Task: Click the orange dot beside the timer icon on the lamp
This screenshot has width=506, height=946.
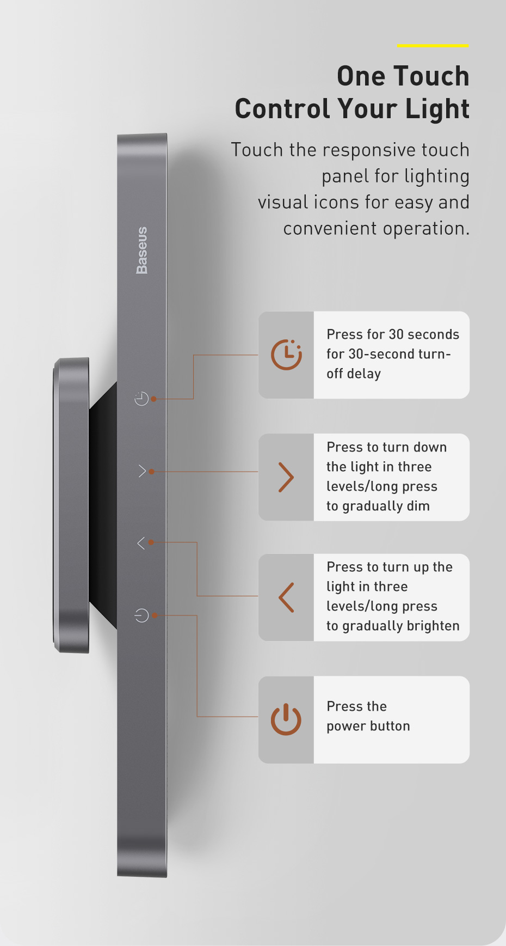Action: (x=154, y=399)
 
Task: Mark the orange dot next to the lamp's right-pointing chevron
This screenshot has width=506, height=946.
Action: (x=152, y=472)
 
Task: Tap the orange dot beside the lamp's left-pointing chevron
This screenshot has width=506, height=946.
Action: (x=151, y=542)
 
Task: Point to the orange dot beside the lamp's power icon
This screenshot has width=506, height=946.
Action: (x=155, y=615)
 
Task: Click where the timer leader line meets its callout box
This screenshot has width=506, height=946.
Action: (x=258, y=355)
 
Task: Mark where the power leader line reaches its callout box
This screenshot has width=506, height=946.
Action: (x=258, y=717)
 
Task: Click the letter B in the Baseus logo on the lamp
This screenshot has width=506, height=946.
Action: (x=141, y=268)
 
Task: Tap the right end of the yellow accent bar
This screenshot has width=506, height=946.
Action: (x=468, y=46)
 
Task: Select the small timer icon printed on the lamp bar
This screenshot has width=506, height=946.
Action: (x=141, y=399)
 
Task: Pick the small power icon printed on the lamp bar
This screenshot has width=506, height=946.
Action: (x=141, y=615)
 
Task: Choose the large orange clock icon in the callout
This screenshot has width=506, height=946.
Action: (x=286, y=355)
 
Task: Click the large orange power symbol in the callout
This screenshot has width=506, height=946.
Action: (x=286, y=719)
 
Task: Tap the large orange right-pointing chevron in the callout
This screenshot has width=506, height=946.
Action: (x=286, y=477)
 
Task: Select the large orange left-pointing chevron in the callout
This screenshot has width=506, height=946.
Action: (x=286, y=597)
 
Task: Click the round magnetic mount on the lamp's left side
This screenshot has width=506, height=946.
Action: (x=71, y=505)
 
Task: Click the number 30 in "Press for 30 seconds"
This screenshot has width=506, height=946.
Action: (x=396, y=334)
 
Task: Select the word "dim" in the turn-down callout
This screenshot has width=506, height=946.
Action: (x=418, y=506)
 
